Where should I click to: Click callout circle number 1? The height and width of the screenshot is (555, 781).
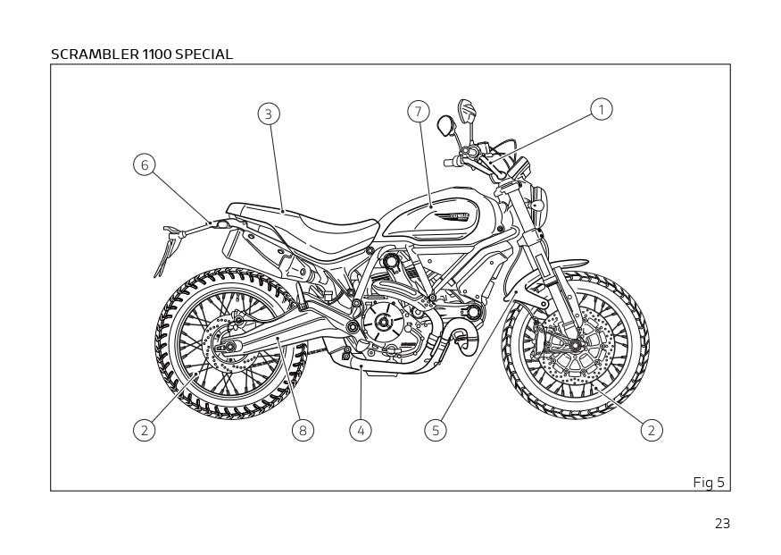point(601,109)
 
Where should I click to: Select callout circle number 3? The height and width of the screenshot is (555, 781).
point(269,114)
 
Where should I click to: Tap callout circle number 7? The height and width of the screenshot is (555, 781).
point(419,112)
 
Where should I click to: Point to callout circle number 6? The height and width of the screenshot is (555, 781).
point(145,164)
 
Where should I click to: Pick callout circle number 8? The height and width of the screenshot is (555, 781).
point(303,431)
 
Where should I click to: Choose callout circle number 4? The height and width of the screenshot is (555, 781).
point(361,431)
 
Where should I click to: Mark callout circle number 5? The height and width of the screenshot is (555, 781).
point(436,431)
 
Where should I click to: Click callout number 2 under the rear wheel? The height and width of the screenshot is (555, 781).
point(145,431)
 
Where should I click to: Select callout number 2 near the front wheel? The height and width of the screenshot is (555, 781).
point(652,431)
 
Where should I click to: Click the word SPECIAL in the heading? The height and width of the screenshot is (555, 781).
point(204,55)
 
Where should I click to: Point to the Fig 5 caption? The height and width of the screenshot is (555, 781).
point(709,483)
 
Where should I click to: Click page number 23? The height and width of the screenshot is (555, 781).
point(722,524)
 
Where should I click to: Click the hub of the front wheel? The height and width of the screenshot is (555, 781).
point(576,345)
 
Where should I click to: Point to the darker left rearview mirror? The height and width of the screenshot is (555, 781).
point(446,126)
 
